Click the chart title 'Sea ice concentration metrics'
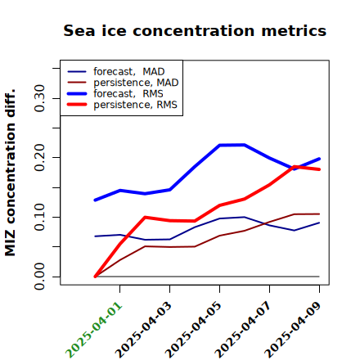point(195,31)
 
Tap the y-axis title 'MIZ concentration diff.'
point(10,173)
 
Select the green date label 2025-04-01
point(94,330)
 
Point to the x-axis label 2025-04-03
point(143,330)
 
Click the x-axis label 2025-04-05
point(193,330)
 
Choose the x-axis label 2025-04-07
point(243,330)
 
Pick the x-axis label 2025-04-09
point(293,330)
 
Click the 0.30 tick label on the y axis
point(39,98)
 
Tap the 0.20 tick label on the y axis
point(39,158)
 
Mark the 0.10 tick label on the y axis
point(39,217)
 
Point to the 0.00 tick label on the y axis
point(39,277)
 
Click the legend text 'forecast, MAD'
point(129,72)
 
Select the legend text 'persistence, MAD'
point(136,83)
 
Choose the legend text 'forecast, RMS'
point(128,93)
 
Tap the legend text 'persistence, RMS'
point(135,105)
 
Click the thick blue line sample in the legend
point(77,94)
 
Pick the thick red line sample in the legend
point(77,105)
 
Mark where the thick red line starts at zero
point(95,277)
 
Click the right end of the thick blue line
point(319,159)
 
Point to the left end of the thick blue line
point(95,200)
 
